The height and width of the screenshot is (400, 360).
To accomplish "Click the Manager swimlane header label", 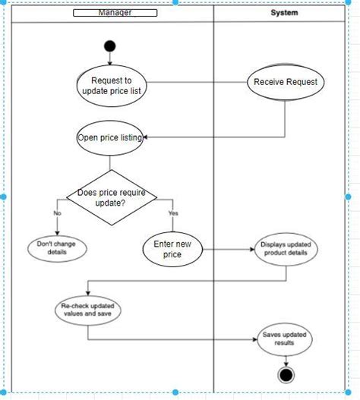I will click(115, 13).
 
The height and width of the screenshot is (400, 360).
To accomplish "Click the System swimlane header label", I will click(284, 13).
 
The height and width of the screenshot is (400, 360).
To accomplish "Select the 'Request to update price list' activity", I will click(112, 86).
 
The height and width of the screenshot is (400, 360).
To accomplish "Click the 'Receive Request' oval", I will click(285, 82).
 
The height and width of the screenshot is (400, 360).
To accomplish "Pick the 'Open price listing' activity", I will click(110, 137).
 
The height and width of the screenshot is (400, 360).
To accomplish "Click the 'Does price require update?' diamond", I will click(112, 197).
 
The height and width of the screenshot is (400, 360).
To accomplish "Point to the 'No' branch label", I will click(57, 213).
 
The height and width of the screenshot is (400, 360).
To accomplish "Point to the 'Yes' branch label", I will click(172, 213).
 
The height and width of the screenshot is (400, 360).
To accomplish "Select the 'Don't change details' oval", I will click(57, 248).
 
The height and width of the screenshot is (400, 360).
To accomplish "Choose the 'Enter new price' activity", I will click(172, 249).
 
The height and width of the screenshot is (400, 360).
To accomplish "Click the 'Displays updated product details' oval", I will click(284, 249).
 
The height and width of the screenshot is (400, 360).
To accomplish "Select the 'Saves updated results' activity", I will click(285, 339).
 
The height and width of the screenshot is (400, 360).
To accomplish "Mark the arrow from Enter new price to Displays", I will click(228, 249).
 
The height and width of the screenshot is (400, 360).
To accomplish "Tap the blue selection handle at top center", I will click(176, 2).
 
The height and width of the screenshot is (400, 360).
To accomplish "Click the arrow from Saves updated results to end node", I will click(286, 359).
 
